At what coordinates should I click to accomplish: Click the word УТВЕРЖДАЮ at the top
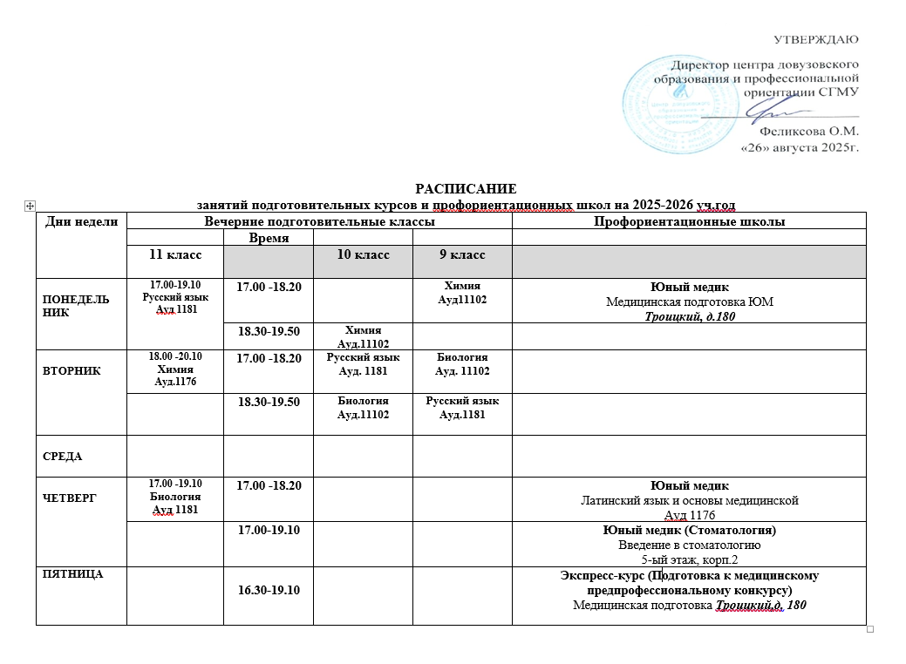click(816, 38)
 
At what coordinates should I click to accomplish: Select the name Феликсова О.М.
click(809, 132)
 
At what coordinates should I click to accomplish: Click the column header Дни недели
click(81, 221)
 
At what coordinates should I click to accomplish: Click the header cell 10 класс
click(363, 254)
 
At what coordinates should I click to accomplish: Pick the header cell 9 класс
click(461, 254)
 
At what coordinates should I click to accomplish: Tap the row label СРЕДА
click(62, 456)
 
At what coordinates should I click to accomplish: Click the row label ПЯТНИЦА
click(66, 573)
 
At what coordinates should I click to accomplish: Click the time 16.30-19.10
click(268, 591)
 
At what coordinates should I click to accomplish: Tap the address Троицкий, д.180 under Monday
click(690, 315)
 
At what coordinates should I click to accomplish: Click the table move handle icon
click(30, 205)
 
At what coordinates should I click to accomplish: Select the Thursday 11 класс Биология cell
click(174, 497)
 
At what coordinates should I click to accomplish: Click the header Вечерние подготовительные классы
click(318, 221)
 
